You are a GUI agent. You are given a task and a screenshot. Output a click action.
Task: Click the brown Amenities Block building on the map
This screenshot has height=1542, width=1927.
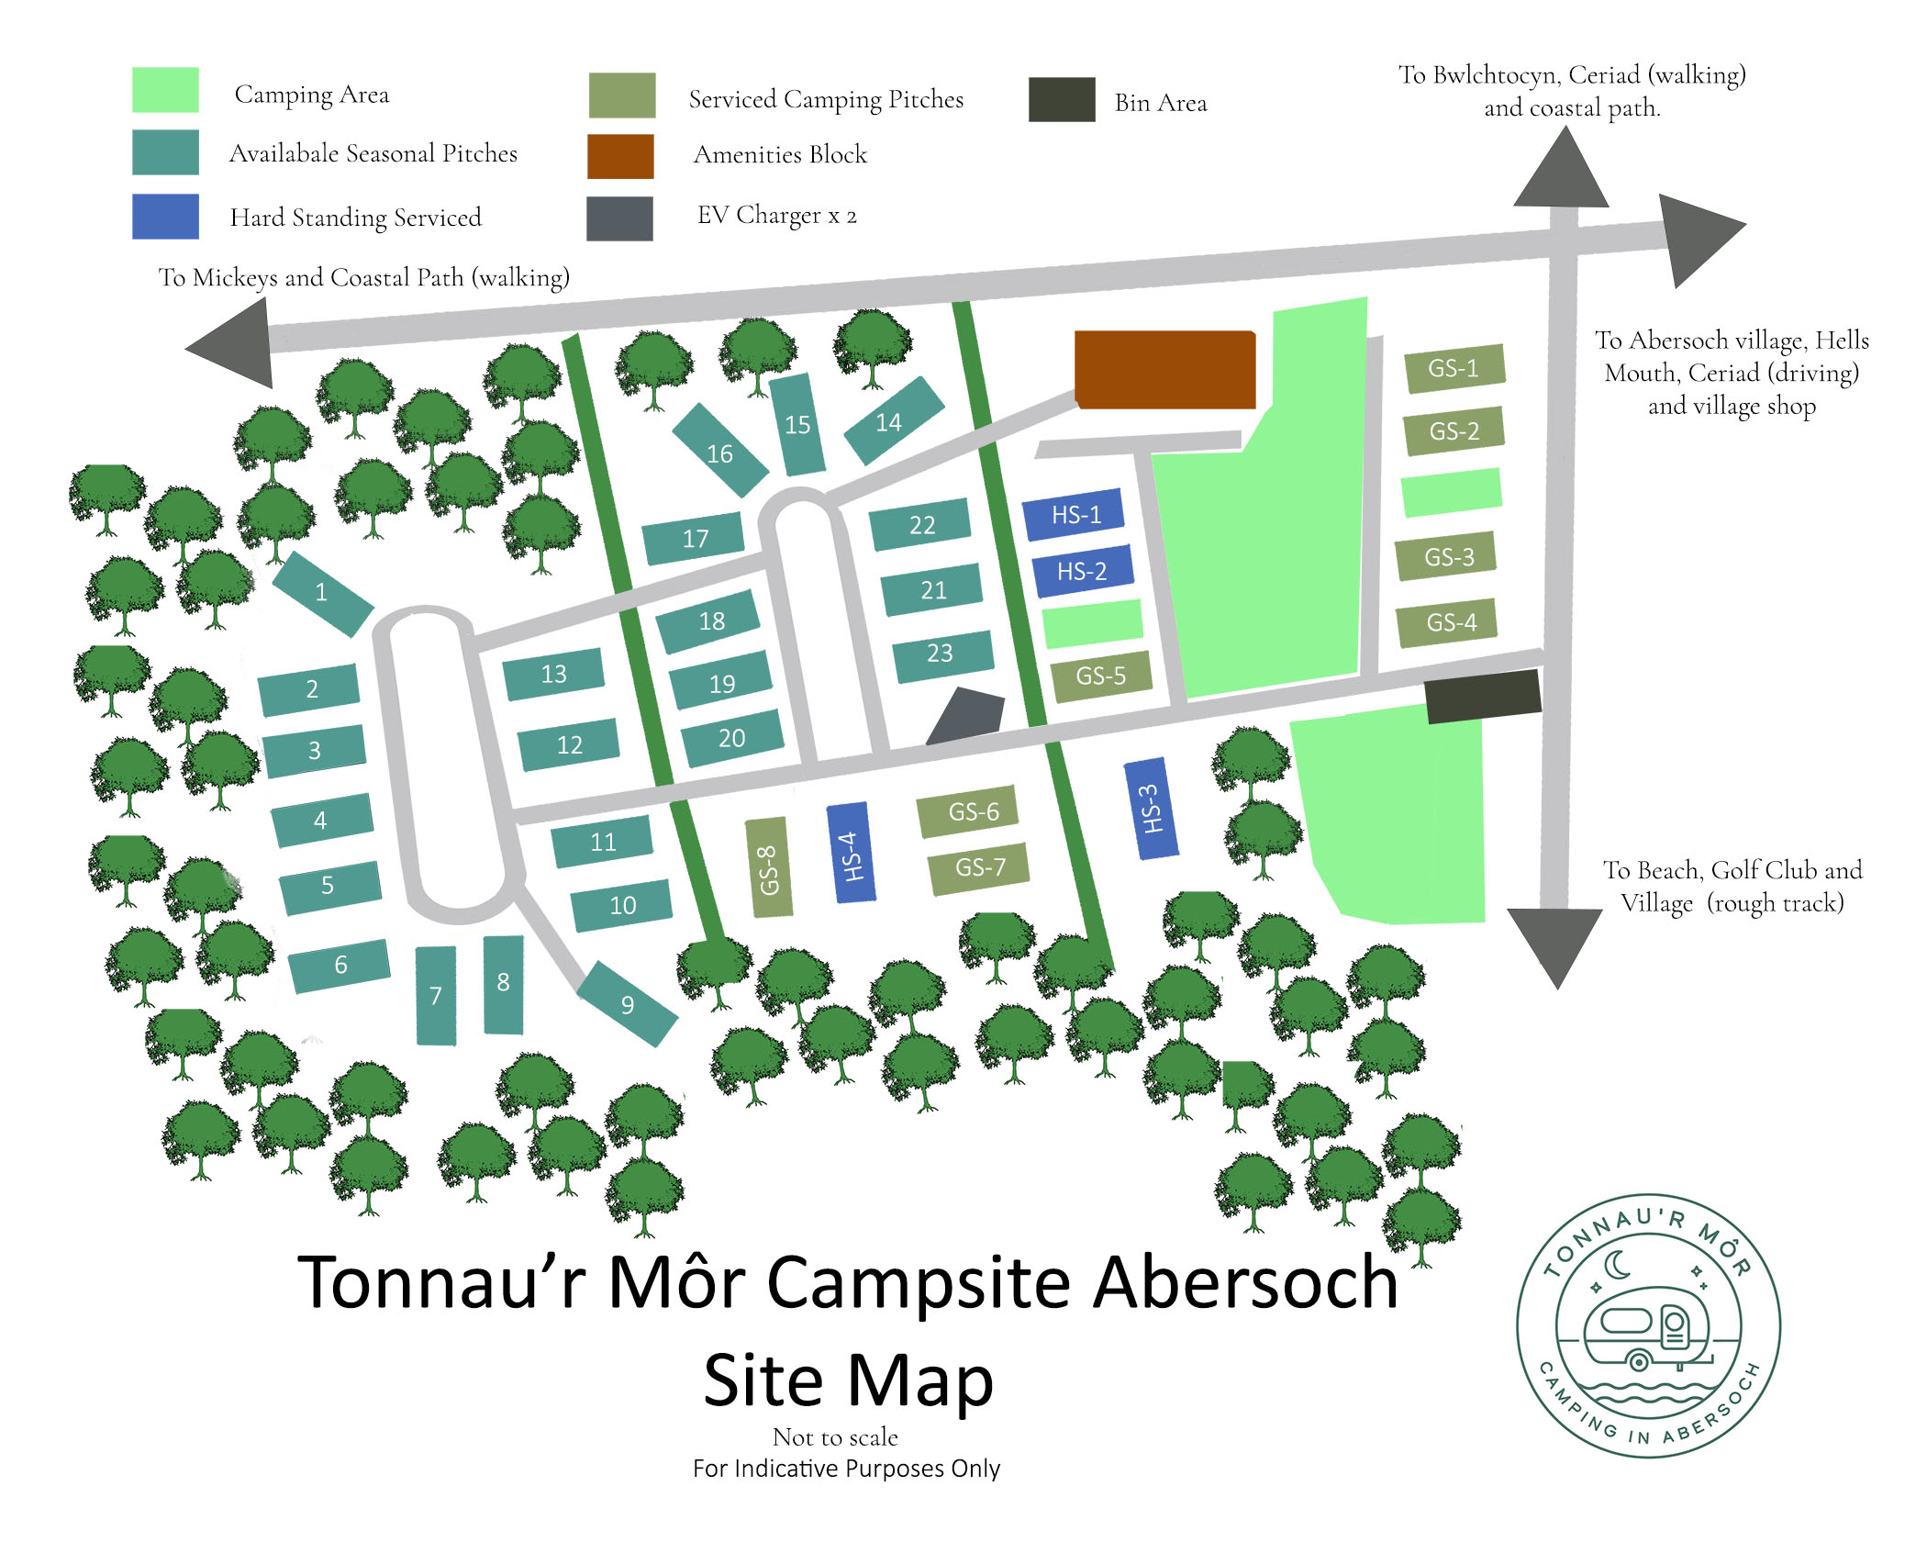(1164, 369)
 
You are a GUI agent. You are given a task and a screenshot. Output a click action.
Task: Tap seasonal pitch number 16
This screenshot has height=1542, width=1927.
(720, 451)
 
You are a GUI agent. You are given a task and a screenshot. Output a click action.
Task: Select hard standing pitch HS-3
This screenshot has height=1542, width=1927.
(1151, 809)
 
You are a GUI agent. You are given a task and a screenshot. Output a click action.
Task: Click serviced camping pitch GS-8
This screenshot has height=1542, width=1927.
(768, 868)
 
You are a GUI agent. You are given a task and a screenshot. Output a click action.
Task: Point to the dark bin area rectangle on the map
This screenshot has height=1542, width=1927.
(1482, 695)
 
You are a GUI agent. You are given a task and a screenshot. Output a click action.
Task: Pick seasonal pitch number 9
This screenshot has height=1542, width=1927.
(629, 1003)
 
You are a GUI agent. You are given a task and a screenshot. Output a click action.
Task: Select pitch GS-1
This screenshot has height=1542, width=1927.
(1454, 368)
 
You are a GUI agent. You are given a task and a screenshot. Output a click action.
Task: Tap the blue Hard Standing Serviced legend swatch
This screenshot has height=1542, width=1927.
(165, 217)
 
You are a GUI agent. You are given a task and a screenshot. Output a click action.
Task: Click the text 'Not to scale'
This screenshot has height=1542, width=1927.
(835, 1437)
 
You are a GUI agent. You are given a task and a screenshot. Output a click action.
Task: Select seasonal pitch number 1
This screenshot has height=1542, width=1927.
(322, 593)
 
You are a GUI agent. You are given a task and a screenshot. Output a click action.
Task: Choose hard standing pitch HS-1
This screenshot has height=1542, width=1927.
(1074, 515)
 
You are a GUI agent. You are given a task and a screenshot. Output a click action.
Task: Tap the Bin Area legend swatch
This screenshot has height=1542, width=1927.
(1062, 100)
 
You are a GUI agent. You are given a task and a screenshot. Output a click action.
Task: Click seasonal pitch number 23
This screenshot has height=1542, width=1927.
(942, 654)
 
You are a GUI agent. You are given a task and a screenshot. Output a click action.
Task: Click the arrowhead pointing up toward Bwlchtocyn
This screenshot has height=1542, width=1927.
(1562, 171)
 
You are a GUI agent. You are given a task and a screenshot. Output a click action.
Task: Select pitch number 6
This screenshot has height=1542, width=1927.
(340, 966)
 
